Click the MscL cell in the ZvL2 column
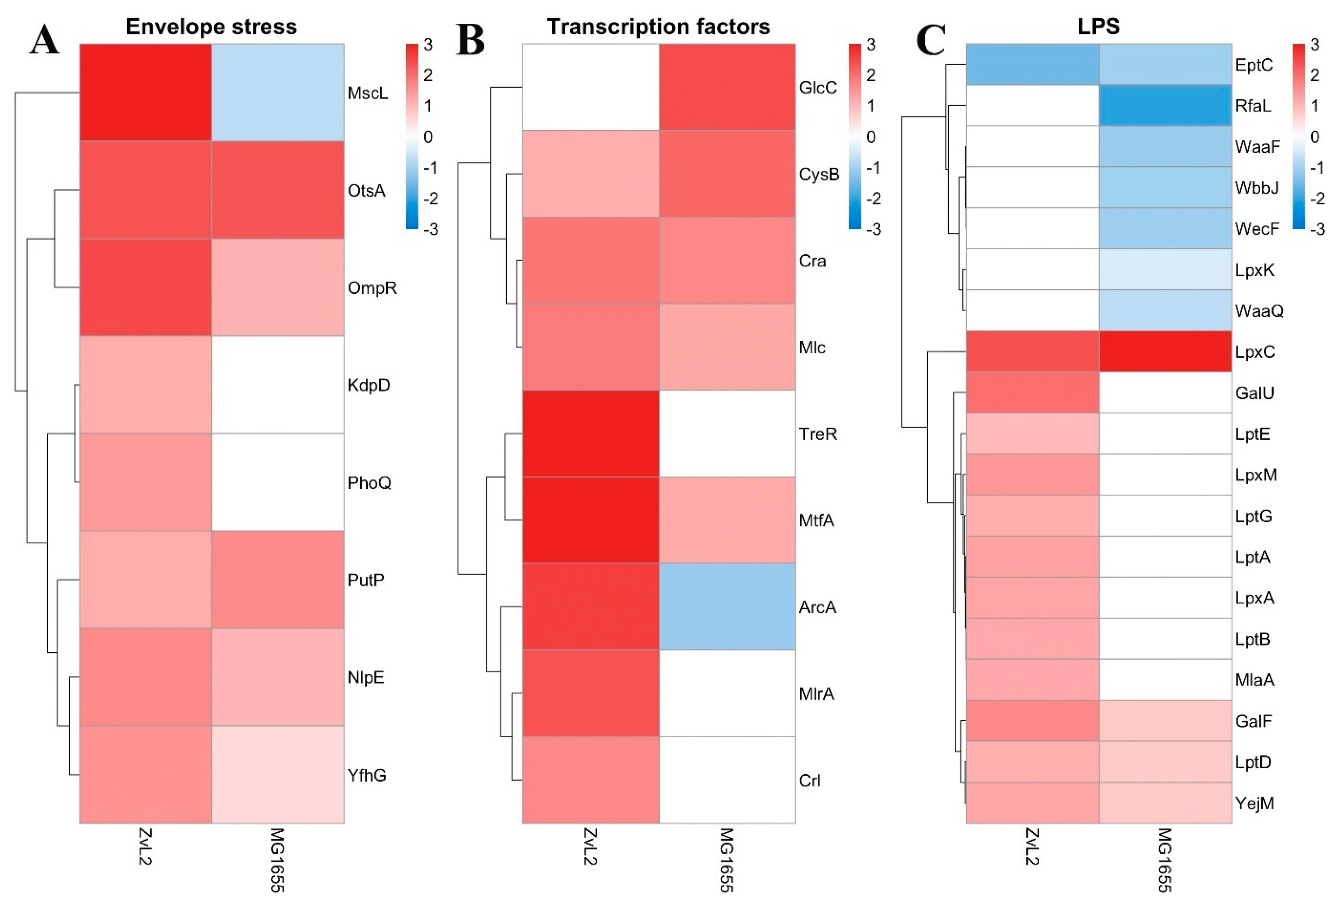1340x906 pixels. point(145,92)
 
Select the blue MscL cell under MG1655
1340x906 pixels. point(278,92)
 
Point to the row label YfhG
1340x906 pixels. point(367,775)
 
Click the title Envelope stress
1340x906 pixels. point(211,27)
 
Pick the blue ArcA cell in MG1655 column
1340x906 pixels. point(727,606)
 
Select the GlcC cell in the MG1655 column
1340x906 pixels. point(727,87)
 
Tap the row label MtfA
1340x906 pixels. point(816,520)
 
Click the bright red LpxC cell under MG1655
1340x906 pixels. point(1165,351)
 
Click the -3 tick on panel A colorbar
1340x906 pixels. point(430,229)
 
